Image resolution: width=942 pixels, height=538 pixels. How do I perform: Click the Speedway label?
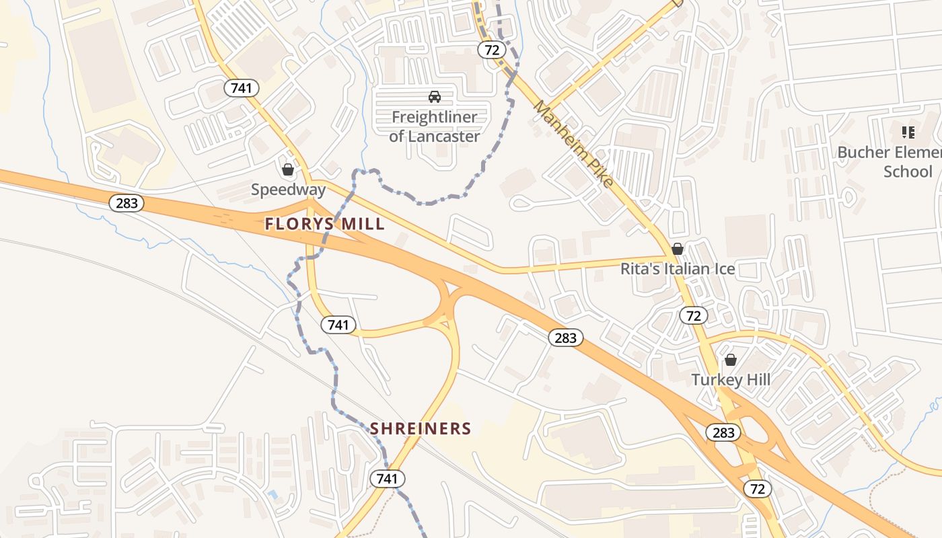click(x=288, y=190)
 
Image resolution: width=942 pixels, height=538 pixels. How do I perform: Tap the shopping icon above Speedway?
click(x=288, y=169)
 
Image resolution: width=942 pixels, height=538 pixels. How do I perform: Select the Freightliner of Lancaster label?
click(x=435, y=126)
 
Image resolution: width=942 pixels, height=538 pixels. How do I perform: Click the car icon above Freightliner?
click(x=435, y=97)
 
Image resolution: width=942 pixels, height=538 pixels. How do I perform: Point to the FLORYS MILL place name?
click(x=325, y=224)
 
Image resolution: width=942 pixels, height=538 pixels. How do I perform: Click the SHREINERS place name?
click(x=421, y=428)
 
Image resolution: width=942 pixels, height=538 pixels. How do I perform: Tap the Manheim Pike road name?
click(x=573, y=144)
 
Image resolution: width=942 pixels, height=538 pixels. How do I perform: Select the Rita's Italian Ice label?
click(x=677, y=270)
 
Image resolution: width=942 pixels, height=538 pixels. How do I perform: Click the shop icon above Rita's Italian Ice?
click(x=678, y=249)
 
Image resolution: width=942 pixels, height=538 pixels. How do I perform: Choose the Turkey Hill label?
click(x=731, y=380)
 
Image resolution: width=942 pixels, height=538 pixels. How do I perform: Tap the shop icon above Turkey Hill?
click(x=731, y=360)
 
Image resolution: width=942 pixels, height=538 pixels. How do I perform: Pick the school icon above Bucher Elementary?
click(x=908, y=132)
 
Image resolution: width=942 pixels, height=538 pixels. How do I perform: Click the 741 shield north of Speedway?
click(x=242, y=87)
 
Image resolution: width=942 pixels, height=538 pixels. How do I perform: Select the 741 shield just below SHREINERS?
click(x=388, y=479)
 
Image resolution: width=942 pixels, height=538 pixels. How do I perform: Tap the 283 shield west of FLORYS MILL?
click(x=126, y=203)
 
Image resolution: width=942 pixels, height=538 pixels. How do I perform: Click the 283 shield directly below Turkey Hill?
click(x=723, y=432)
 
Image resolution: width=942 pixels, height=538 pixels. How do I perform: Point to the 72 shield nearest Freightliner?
click(x=492, y=49)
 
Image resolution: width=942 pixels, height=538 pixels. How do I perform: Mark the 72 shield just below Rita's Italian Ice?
click(x=693, y=315)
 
